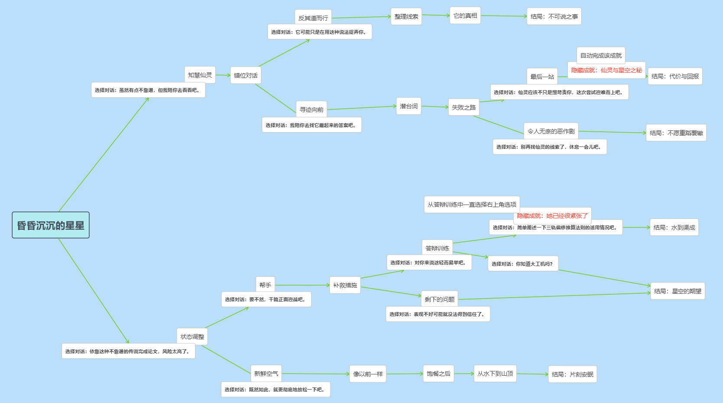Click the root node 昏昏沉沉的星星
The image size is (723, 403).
coord(51,225)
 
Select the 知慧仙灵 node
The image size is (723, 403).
coord(200,75)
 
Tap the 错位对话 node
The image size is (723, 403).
coord(246,75)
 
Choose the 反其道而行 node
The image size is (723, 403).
coord(313,18)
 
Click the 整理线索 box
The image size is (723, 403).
coord(406,16)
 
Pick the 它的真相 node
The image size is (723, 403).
coord(465,16)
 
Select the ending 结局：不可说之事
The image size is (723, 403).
coord(554,16)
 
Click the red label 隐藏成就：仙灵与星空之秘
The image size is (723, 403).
coord(606,70)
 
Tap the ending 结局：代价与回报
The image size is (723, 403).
coord(675,76)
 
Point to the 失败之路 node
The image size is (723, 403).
coord(464,107)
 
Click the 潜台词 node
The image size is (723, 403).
coord(409,106)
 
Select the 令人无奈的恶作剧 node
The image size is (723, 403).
coord(551,131)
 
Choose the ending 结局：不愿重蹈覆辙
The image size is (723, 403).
coord(676,133)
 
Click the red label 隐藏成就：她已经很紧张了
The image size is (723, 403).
coord(552,216)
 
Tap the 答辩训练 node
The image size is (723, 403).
coord(437,248)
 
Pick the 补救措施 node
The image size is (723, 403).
coord(345,285)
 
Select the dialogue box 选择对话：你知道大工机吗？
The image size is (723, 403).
coord(523,264)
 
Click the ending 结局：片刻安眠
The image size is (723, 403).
coord(573,374)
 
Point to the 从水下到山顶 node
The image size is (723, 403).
coord(495,374)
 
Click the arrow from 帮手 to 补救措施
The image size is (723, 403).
coord(302,285)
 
